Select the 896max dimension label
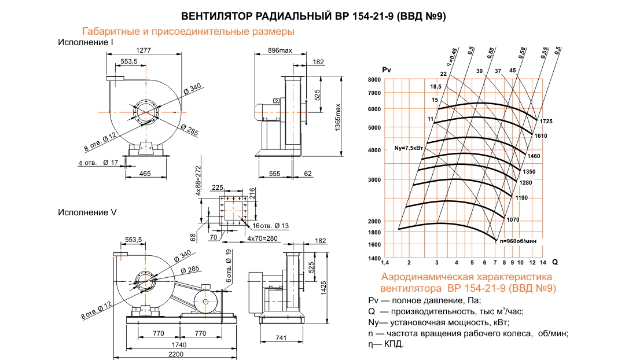point(280,50)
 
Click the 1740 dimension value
point(176,344)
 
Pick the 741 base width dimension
point(282,337)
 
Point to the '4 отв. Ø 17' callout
point(98,163)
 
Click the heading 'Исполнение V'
point(87,212)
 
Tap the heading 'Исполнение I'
point(85,42)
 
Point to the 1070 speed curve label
point(513,220)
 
